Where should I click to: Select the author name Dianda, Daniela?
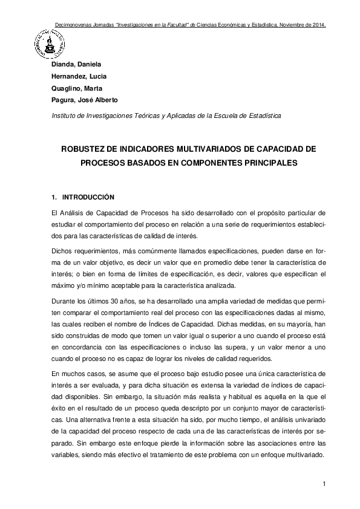pos(77,64)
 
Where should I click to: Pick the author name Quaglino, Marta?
pos(76,88)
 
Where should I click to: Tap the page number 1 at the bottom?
pos(324,484)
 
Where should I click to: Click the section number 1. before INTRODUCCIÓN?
pos(54,197)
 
